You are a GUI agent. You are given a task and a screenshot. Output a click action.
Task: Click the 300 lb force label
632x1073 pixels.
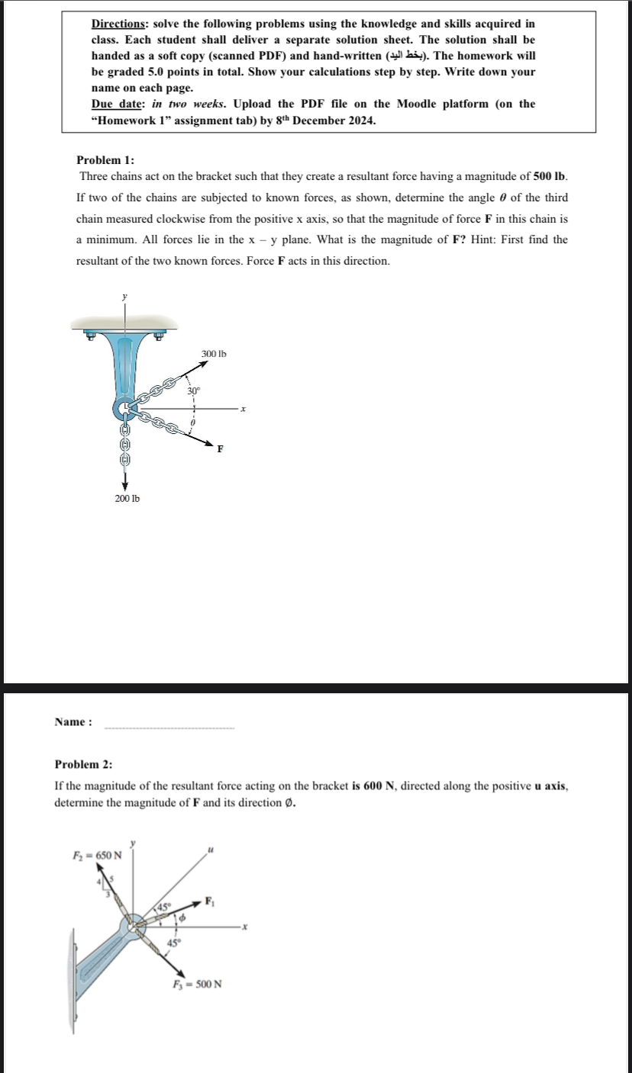(214, 354)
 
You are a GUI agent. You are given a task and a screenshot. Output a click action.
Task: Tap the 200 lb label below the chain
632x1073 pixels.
(127, 498)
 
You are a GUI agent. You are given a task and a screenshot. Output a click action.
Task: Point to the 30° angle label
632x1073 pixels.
(194, 390)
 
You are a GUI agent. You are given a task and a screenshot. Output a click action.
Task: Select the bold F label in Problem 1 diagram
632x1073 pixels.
(220, 448)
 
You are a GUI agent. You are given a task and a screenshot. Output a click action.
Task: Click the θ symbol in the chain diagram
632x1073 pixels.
(193, 421)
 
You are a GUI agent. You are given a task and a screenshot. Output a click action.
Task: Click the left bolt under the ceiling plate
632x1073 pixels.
(89, 334)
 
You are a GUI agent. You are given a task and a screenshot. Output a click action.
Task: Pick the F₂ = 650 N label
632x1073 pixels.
(92, 853)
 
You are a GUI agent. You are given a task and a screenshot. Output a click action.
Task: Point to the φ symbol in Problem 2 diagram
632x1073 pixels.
(182, 920)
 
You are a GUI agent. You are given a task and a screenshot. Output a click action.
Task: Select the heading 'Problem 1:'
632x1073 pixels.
(105, 160)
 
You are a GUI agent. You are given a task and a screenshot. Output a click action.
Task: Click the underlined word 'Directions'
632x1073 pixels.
(119, 24)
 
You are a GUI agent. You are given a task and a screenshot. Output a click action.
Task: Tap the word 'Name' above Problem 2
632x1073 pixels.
(70, 722)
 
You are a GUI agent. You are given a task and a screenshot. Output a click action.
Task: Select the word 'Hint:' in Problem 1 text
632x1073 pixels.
(485, 239)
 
